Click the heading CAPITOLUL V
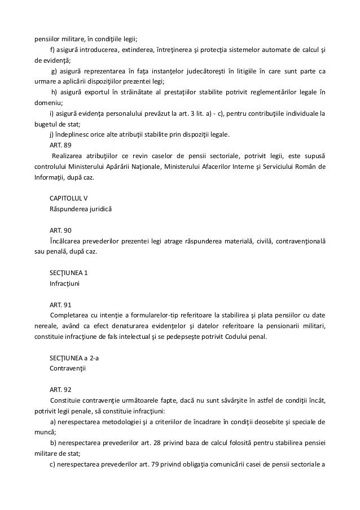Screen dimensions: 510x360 68,198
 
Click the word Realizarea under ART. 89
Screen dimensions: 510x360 69,155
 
